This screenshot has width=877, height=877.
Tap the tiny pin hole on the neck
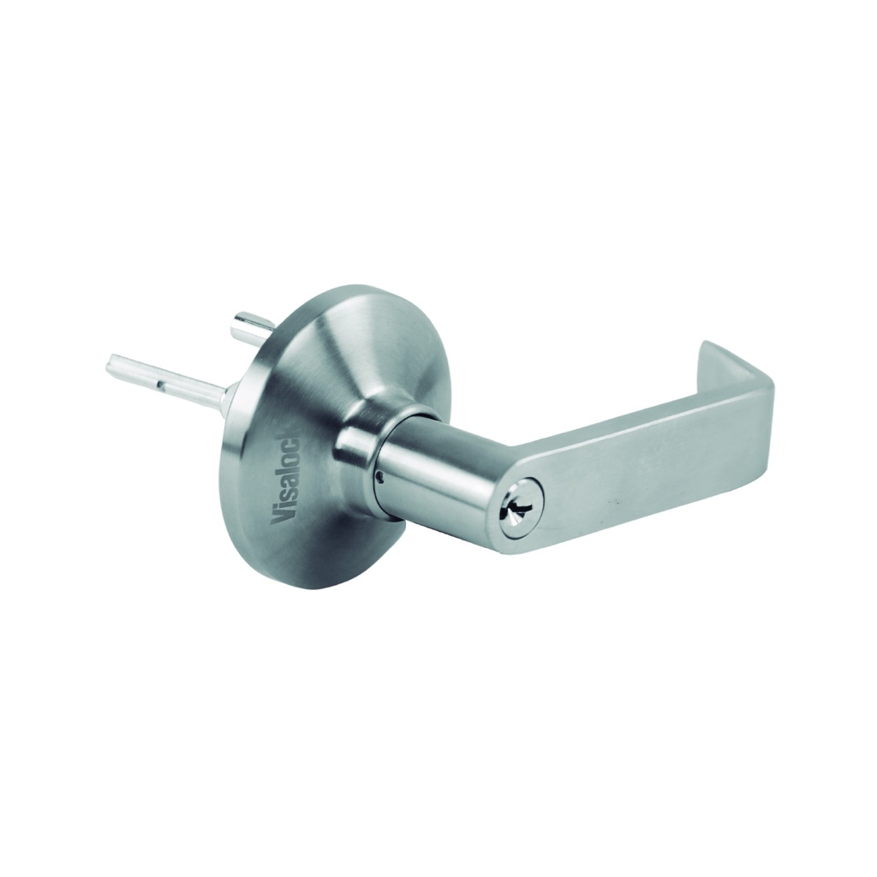(380, 477)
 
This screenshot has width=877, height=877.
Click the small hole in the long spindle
(160, 385)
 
